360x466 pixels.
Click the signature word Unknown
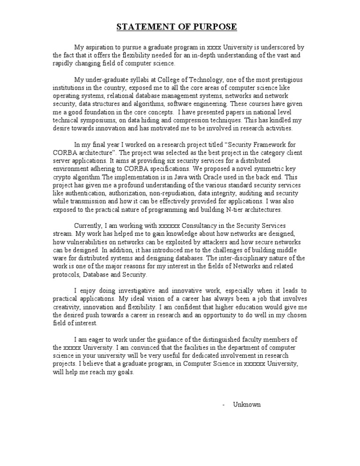[x=247, y=404]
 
